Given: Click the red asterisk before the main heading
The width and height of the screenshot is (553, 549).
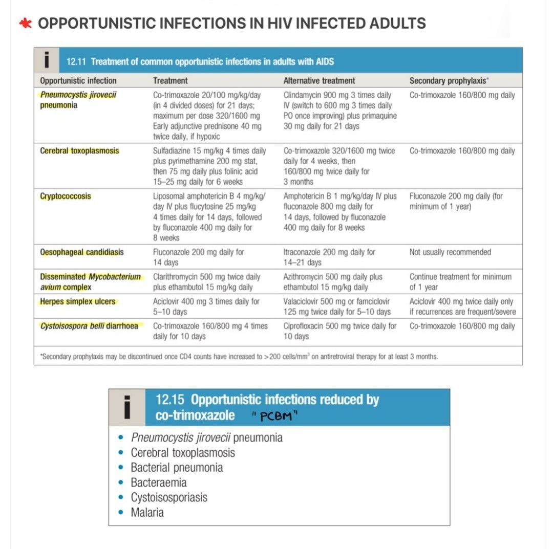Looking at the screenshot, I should (x=25, y=24).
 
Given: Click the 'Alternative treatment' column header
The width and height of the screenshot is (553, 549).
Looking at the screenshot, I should (x=319, y=80).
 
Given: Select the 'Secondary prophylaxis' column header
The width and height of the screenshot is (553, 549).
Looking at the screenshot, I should (x=447, y=80).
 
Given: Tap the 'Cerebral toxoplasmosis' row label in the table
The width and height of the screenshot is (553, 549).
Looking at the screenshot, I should (x=79, y=151).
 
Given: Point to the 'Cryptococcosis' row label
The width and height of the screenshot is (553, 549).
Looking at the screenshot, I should (x=66, y=196).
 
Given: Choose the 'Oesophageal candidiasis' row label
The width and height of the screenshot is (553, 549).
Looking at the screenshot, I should (x=82, y=252).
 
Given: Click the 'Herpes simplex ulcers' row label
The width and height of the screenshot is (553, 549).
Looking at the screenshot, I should (x=77, y=301).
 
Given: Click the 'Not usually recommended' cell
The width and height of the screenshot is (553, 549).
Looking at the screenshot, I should (x=450, y=252).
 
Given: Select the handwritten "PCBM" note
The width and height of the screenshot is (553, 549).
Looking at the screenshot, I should (x=276, y=416).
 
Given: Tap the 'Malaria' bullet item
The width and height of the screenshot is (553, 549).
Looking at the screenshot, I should (x=147, y=512).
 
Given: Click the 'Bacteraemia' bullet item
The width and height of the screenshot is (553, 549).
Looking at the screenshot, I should (x=158, y=482).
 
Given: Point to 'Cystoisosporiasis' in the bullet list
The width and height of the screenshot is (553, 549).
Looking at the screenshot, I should (x=169, y=497).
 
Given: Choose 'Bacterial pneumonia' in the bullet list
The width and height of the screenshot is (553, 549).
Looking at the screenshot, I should (x=177, y=468).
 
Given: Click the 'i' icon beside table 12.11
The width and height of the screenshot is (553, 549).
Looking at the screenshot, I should (x=47, y=61).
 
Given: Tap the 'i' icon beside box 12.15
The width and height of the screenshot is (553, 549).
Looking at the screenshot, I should (x=127, y=407).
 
